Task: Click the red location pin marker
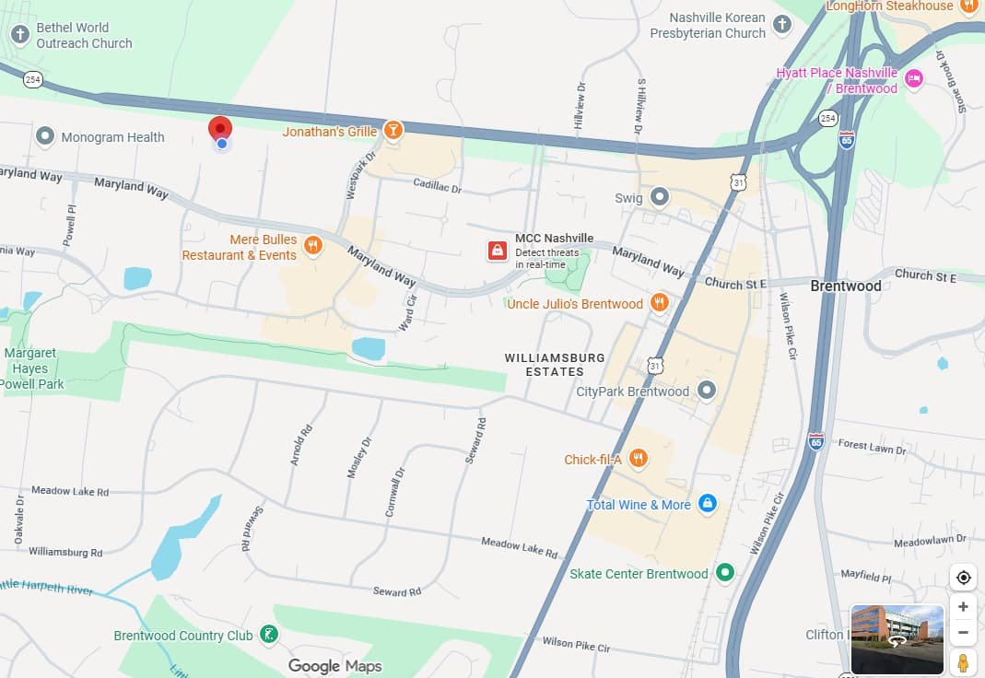click(220, 128)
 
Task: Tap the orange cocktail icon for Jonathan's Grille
click(393, 131)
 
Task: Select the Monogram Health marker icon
click(44, 137)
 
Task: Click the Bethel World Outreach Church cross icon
click(19, 35)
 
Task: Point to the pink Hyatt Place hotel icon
click(913, 79)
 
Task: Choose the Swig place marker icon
click(659, 197)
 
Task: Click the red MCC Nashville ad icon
click(498, 251)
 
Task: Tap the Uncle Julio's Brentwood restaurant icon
click(659, 303)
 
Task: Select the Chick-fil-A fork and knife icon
click(638, 459)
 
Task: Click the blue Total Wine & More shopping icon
click(707, 504)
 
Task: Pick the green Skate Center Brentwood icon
click(725, 573)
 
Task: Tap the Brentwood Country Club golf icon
click(268, 635)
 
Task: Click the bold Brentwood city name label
click(845, 286)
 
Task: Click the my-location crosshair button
click(963, 578)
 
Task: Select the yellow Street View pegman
click(963, 662)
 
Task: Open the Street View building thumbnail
click(897, 639)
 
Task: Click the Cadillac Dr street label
click(437, 186)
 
